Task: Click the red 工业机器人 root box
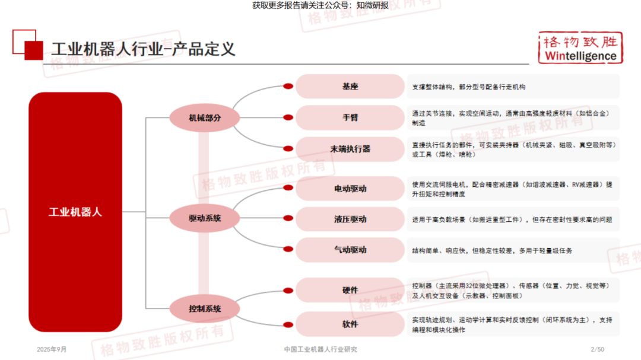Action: pyautogui.click(x=75, y=212)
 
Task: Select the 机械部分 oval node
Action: pyautogui.click(x=205, y=117)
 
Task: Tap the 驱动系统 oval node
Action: pyautogui.click(x=205, y=218)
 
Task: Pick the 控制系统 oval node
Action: pyautogui.click(x=205, y=308)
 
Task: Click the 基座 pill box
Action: pyautogui.click(x=350, y=87)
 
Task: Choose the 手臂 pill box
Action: pyautogui.click(x=350, y=117)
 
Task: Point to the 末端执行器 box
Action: pyautogui.click(x=350, y=149)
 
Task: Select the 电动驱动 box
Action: pyautogui.click(x=350, y=189)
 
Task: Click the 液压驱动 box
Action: pyautogui.click(x=350, y=219)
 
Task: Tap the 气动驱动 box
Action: pyautogui.click(x=350, y=250)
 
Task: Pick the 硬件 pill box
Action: pyautogui.click(x=350, y=290)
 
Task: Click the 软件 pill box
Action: pyautogui.click(x=350, y=324)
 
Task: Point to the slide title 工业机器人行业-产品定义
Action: pyautogui.click(x=143, y=49)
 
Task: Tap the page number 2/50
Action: pyautogui.click(x=597, y=349)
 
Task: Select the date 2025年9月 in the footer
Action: pyautogui.click(x=53, y=349)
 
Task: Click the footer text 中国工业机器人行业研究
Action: pyautogui.click(x=320, y=349)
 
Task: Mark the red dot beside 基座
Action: pyautogui.click(x=288, y=87)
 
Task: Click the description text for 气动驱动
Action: pyautogui.click(x=492, y=250)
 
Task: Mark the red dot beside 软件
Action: pyautogui.click(x=288, y=324)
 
